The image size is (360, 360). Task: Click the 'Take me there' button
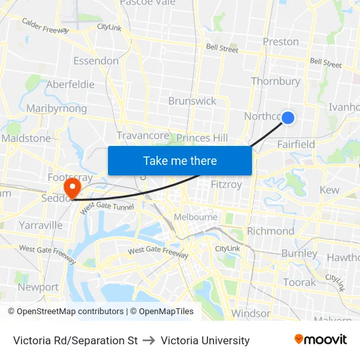pyautogui.click(x=180, y=160)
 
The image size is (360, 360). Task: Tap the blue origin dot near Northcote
pyautogui.click(x=287, y=118)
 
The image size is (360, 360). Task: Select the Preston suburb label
pyautogui.click(x=280, y=41)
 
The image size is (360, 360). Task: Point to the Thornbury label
pyautogui.click(x=275, y=81)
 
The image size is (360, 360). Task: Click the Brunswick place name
pyautogui.click(x=192, y=101)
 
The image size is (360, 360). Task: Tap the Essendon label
pyautogui.click(x=96, y=61)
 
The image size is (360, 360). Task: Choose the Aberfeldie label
pyautogui.click(x=70, y=84)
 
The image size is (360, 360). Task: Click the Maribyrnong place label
pyautogui.click(x=56, y=108)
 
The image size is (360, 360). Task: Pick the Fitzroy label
pyautogui.click(x=226, y=185)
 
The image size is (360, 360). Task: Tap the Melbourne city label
pyautogui.click(x=195, y=217)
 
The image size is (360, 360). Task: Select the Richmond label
pyautogui.click(x=270, y=231)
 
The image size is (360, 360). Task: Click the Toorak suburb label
pyautogui.click(x=299, y=282)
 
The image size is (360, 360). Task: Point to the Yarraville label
pyautogui.click(x=41, y=225)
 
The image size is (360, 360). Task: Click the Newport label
pyautogui.click(x=38, y=287)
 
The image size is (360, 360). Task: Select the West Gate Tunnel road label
pyautogui.click(x=107, y=206)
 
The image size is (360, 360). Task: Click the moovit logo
pyautogui.click(x=320, y=339)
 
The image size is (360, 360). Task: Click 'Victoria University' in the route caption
pyautogui.click(x=205, y=340)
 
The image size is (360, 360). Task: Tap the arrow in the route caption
pyautogui.click(x=149, y=340)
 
